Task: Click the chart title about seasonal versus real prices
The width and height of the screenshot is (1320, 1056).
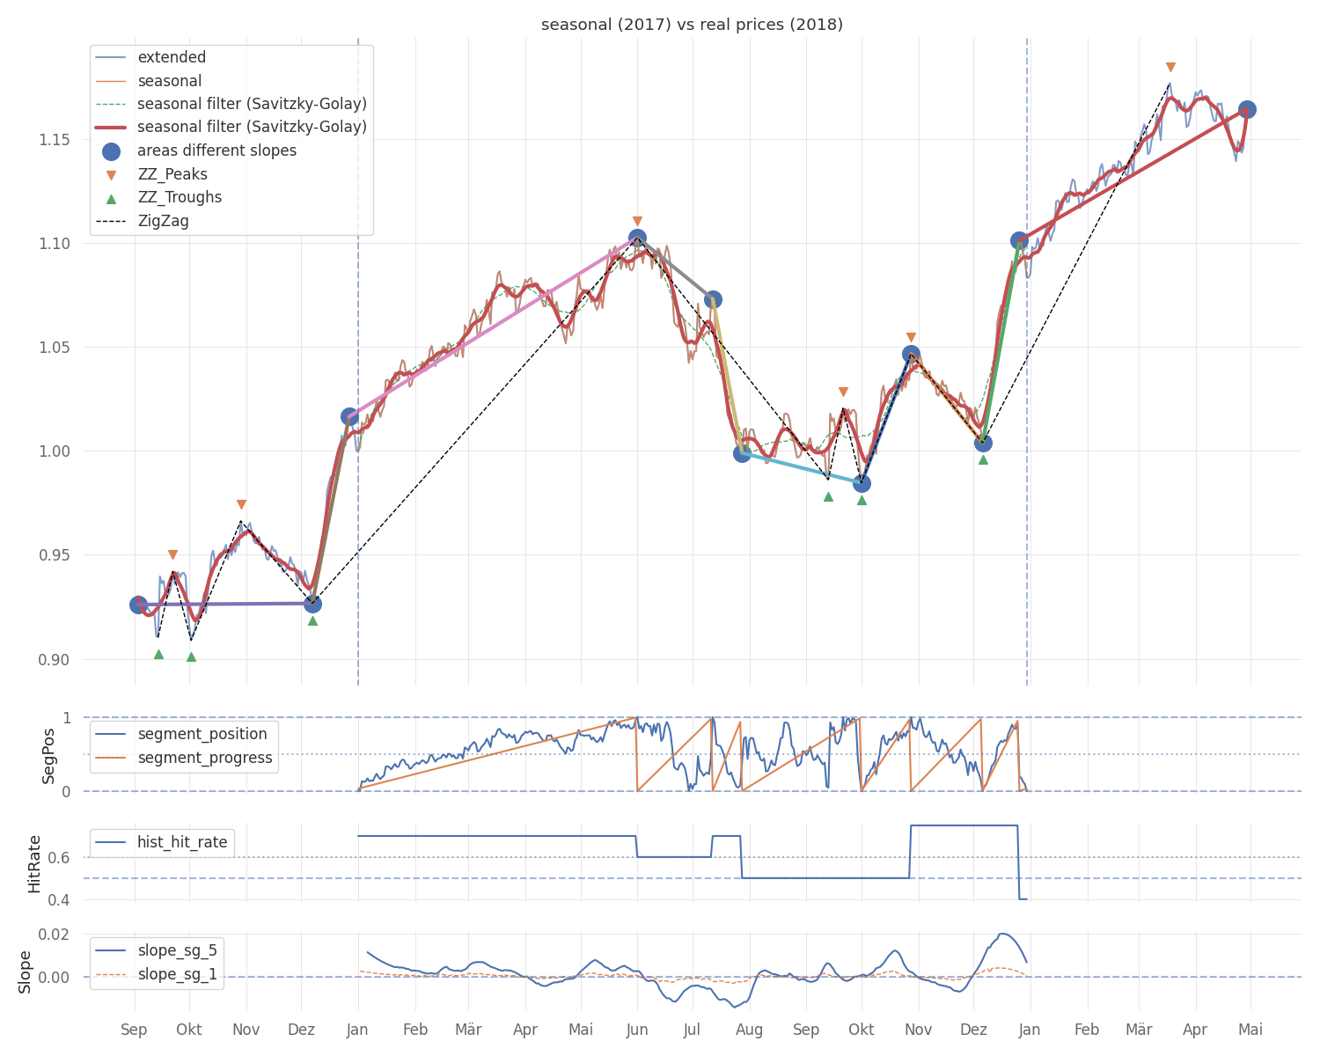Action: click(x=692, y=25)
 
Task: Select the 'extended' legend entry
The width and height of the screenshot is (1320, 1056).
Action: click(x=172, y=58)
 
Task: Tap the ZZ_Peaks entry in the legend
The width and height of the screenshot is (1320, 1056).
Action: click(x=172, y=174)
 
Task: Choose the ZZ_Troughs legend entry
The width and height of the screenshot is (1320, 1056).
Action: click(x=180, y=198)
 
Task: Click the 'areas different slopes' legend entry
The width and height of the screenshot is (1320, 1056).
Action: click(x=216, y=151)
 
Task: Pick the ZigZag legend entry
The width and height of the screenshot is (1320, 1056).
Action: click(x=163, y=221)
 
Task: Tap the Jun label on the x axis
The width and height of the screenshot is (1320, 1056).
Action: click(x=637, y=1030)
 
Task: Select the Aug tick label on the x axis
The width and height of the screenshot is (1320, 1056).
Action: click(x=749, y=1030)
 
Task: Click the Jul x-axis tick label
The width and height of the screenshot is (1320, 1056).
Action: click(x=693, y=1030)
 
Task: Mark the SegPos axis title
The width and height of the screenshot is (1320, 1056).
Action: click(x=49, y=755)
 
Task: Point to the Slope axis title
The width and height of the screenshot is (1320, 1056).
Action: click(x=26, y=972)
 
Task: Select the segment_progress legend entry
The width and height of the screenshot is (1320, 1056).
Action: click(x=204, y=759)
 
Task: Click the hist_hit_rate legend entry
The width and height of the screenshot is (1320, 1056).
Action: click(x=182, y=842)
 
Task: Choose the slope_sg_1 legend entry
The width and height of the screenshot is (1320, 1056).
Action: click(x=177, y=975)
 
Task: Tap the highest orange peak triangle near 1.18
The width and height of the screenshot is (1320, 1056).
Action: click(x=1170, y=67)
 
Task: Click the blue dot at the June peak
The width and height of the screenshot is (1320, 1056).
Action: click(x=637, y=238)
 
